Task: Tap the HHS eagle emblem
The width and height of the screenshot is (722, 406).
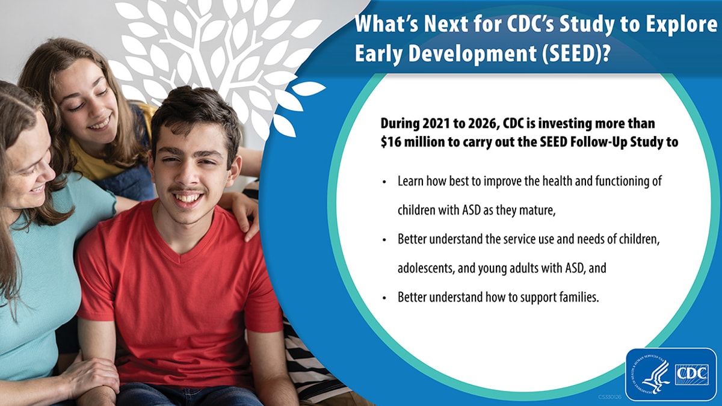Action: (653, 374)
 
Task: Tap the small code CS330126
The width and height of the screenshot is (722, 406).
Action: (610, 398)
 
